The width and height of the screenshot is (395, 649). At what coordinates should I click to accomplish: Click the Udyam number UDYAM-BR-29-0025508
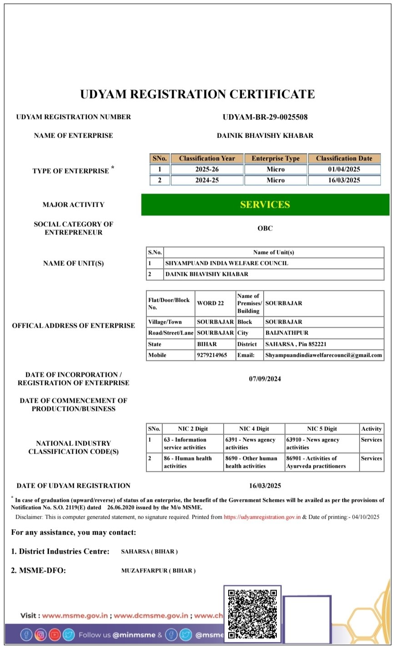(x=265, y=117)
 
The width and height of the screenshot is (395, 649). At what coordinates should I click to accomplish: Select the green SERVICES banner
(x=265, y=205)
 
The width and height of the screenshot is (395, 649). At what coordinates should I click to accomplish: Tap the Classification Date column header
(x=344, y=159)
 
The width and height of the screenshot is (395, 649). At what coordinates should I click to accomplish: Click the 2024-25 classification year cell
(x=207, y=180)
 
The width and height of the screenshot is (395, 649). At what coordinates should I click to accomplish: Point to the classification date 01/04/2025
(x=344, y=170)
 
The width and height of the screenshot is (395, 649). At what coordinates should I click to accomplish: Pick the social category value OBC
(x=265, y=228)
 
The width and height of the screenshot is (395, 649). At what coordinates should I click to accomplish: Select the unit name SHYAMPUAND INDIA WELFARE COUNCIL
(x=226, y=263)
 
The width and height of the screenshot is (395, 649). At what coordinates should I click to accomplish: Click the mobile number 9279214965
(x=212, y=355)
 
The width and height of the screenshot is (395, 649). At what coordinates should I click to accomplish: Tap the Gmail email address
(x=324, y=355)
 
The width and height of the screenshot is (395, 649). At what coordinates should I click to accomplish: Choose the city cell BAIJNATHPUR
(x=287, y=333)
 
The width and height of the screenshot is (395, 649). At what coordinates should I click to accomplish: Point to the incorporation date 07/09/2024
(x=265, y=379)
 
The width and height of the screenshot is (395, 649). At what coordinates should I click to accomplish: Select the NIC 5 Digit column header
(x=322, y=429)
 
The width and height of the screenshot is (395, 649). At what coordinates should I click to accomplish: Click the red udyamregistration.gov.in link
(x=262, y=517)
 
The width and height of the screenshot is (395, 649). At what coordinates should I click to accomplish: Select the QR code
(x=252, y=614)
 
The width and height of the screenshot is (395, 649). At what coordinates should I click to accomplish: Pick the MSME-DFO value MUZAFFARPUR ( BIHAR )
(x=158, y=571)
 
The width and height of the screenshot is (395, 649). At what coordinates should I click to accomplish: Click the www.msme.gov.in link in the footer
(x=75, y=616)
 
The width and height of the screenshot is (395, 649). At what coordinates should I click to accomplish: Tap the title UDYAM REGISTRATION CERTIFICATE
(x=197, y=95)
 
